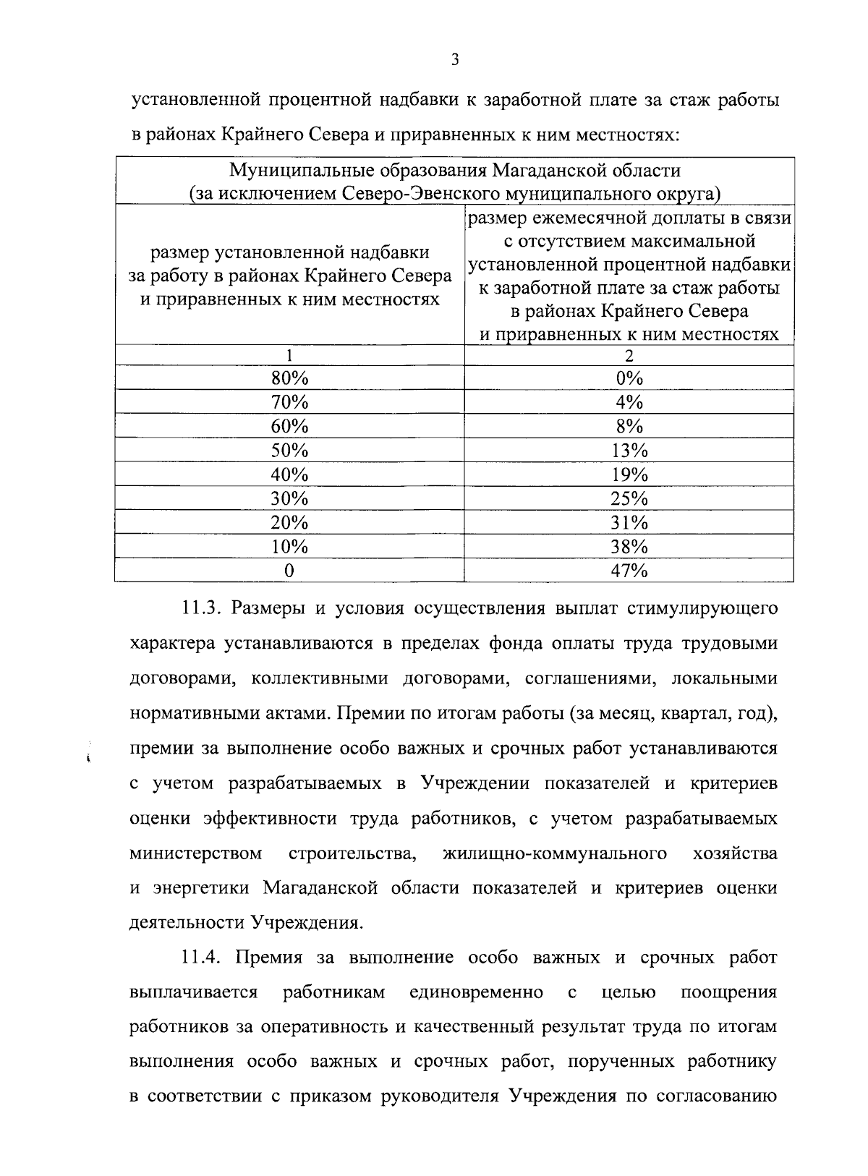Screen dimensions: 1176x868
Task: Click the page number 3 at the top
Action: [x=454, y=61]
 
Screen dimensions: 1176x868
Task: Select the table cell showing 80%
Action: [x=289, y=378]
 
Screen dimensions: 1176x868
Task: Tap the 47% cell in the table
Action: [x=629, y=571]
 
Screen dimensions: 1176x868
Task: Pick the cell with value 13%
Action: [x=629, y=451]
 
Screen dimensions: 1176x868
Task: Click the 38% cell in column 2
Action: [x=629, y=547]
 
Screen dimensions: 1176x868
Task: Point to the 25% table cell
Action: [x=629, y=499]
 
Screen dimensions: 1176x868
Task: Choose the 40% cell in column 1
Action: [x=289, y=475]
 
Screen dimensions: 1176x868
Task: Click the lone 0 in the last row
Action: [x=289, y=571]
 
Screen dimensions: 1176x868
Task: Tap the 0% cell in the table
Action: [x=629, y=378]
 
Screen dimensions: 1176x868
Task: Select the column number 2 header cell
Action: [x=629, y=356]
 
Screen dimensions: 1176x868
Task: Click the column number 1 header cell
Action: [x=289, y=356]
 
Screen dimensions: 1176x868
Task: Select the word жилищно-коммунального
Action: [x=554, y=853]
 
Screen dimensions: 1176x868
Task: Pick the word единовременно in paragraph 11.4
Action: [x=476, y=992]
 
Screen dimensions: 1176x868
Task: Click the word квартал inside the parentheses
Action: [x=693, y=714]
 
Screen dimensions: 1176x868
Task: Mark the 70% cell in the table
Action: [x=289, y=402]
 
